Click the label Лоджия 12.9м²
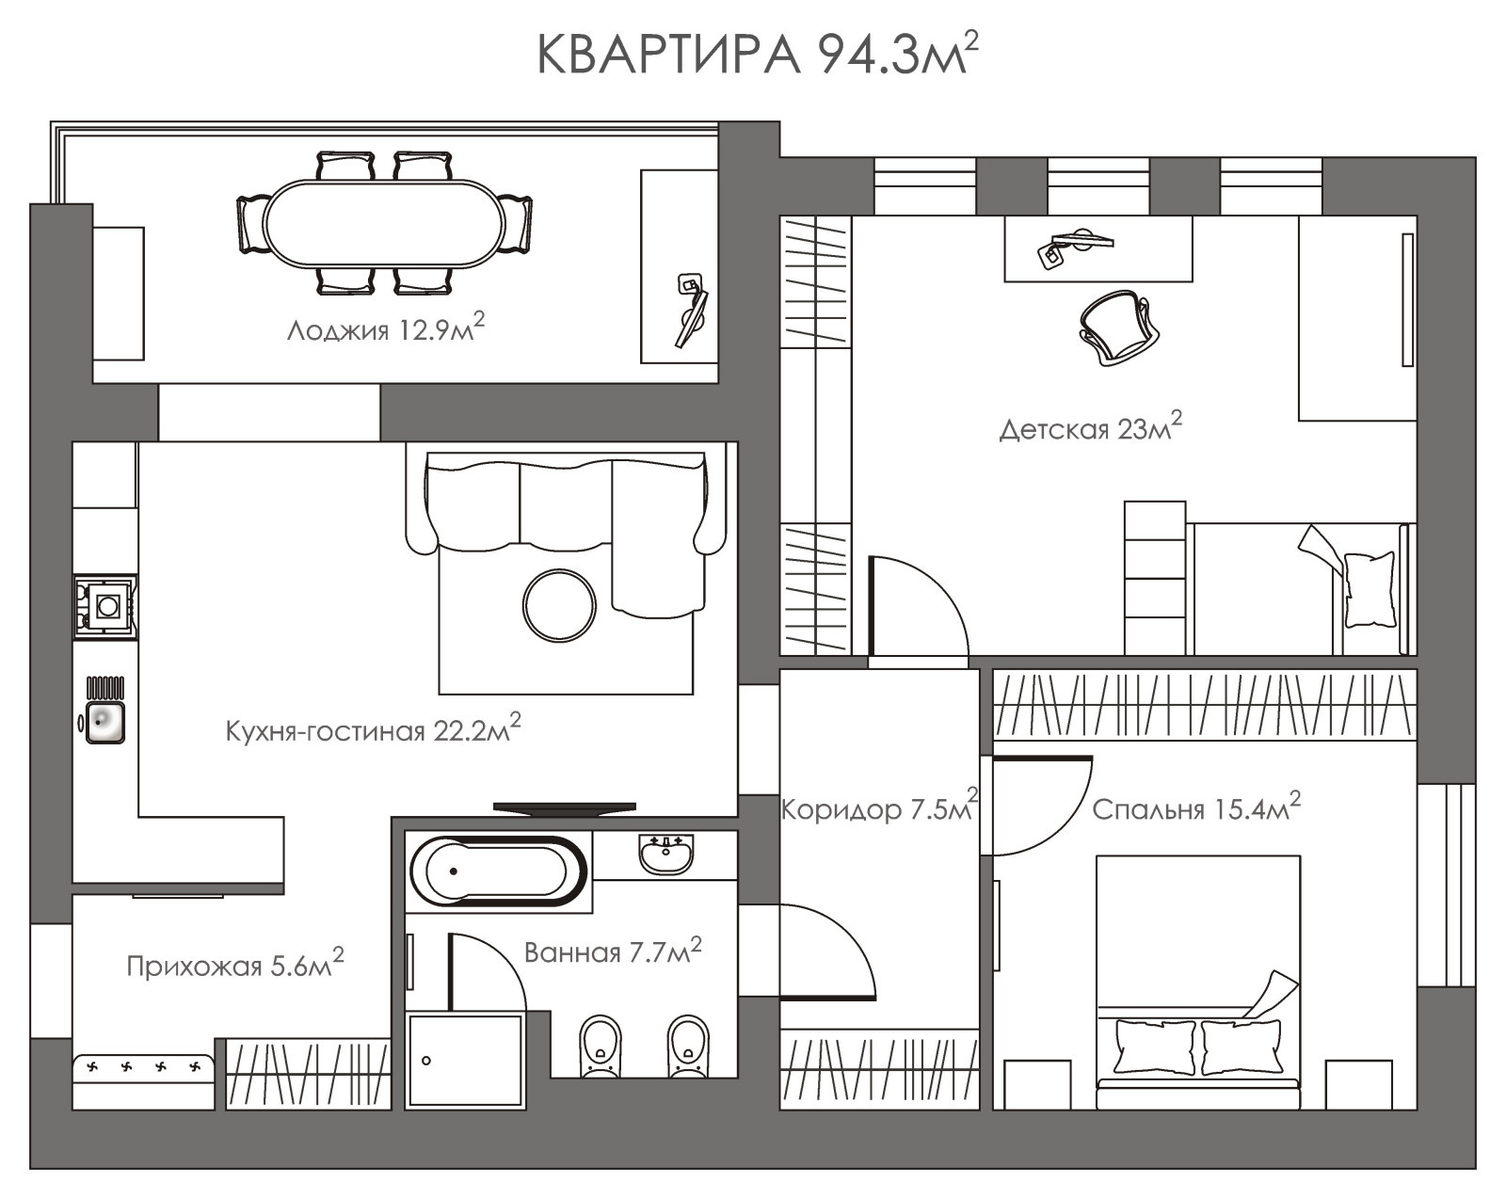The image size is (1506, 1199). (x=385, y=330)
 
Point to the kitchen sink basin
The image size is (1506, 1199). (x=104, y=722)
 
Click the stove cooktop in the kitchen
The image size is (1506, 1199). (x=106, y=606)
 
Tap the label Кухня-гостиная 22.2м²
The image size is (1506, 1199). (x=373, y=730)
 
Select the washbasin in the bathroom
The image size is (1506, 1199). (x=665, y=854)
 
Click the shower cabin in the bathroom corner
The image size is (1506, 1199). (x=464, y=1060)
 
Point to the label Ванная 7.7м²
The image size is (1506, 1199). (x=613, y=952)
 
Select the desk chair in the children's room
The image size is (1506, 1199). (x=1114, y=326)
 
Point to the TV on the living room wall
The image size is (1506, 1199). (x=564, y=807)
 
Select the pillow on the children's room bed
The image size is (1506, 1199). (x=1370, y=589)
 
